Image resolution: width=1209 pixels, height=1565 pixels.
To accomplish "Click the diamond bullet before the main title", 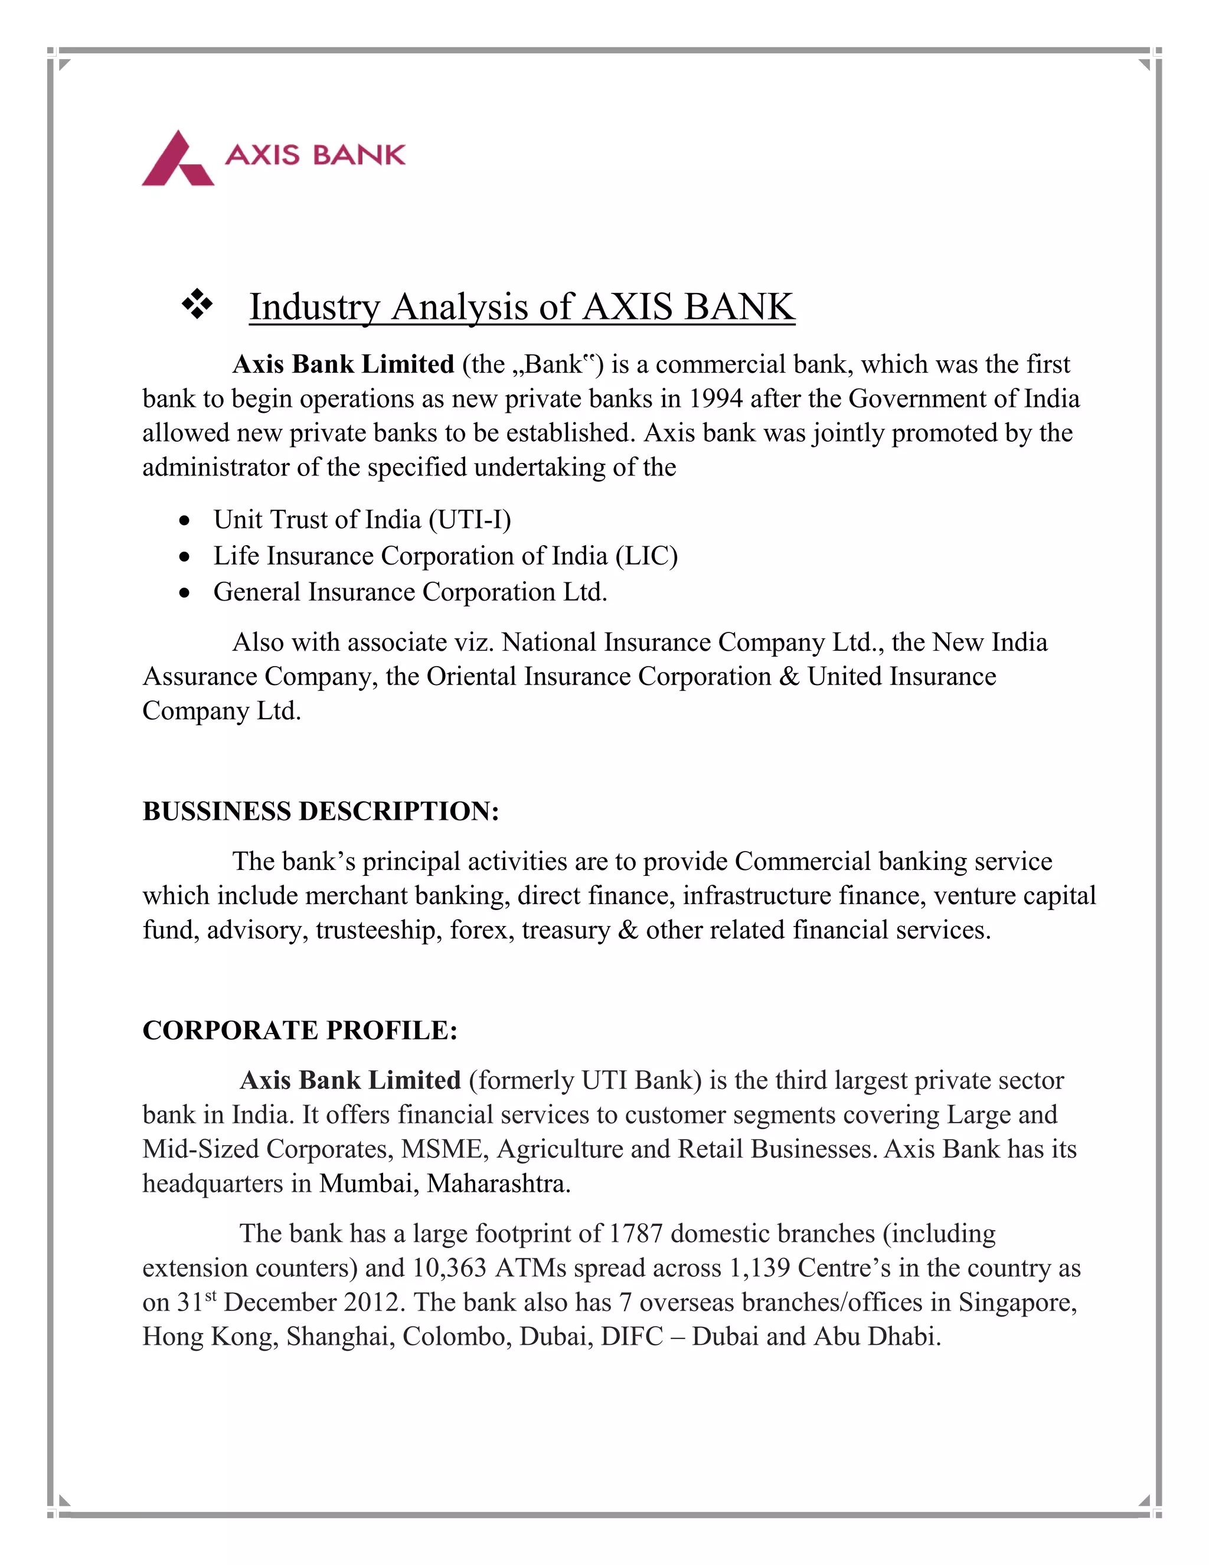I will [197, 305].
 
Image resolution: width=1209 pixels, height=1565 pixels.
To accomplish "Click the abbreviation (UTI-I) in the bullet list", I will [470, 520].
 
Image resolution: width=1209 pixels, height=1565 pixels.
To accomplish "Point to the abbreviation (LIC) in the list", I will [646, 556].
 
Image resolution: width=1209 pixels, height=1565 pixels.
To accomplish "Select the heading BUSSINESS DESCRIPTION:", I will [320, 811].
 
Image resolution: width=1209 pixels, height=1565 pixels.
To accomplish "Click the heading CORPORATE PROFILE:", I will [299, 1031].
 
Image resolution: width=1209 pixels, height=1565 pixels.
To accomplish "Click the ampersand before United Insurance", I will [789, 676].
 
